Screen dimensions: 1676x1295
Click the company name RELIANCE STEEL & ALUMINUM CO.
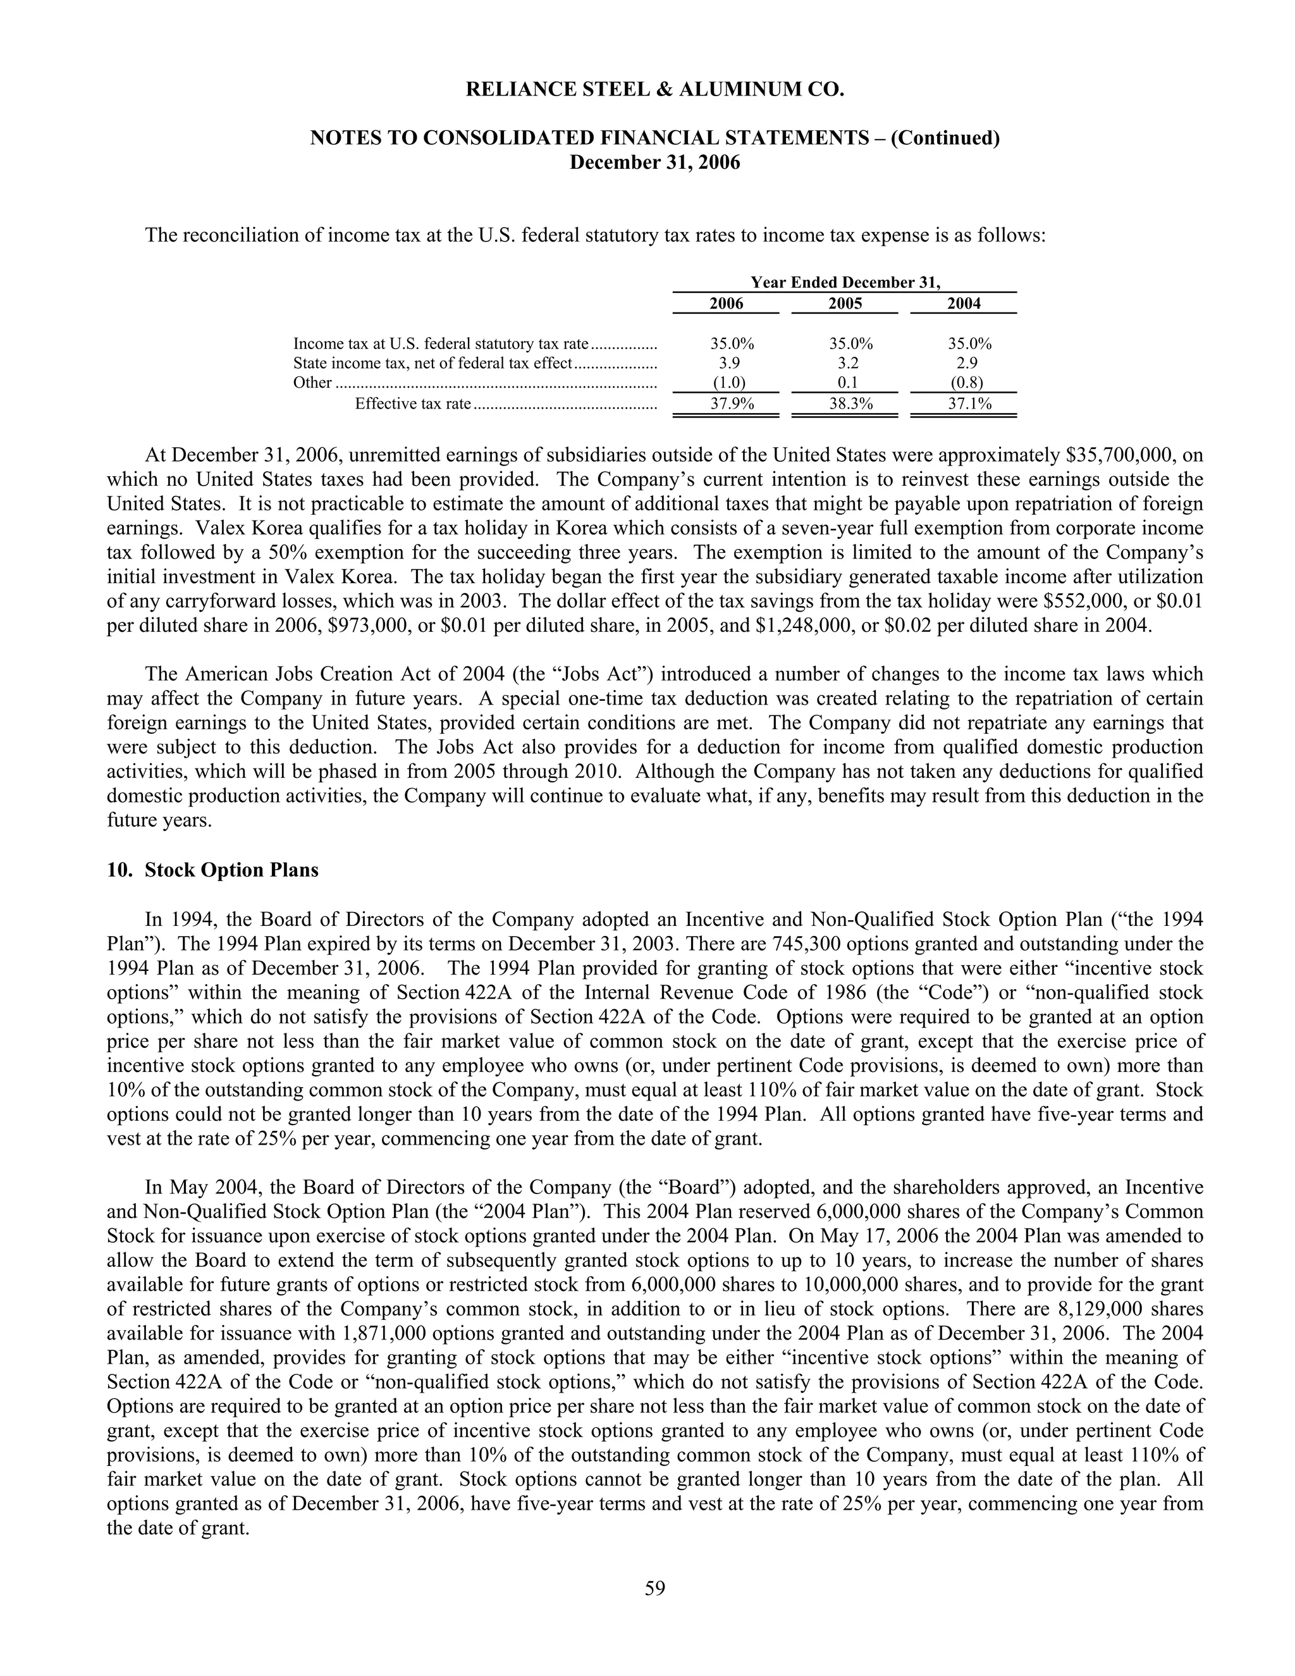pos(654,90)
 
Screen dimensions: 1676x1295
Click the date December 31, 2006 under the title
pos(654,163)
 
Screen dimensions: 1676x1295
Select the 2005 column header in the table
pos(845,304)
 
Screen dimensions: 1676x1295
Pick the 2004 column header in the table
pos(964,304)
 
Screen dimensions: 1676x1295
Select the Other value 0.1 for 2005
pos(845,383)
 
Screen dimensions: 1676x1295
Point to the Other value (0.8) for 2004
pos(964,383)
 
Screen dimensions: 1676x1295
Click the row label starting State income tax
pos(433,363)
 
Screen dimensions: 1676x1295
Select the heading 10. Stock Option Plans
pos(212,870)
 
